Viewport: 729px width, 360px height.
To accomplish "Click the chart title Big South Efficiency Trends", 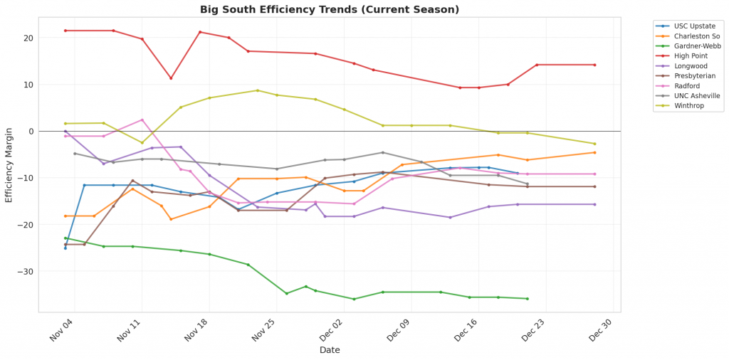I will (x=330, y=9).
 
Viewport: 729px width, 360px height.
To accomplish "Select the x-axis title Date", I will (x=329, y=350).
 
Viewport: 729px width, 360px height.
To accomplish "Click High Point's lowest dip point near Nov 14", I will (x=171, y=78).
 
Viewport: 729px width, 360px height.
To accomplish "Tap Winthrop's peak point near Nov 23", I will (x=258, y=90).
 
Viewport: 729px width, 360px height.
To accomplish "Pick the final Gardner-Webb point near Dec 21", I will (x=528, y=299).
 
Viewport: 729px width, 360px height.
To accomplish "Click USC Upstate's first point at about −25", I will (x=65, y=248).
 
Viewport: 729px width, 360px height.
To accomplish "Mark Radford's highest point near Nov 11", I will (x=142, y=120).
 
